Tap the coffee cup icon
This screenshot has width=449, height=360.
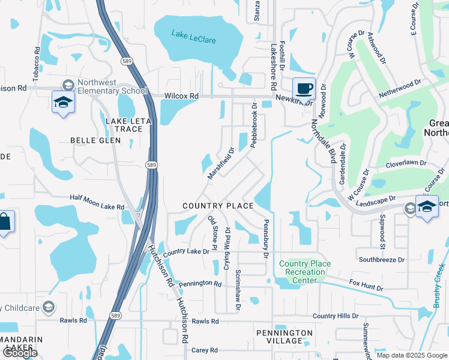pos(304,89)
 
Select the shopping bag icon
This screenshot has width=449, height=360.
pos(5,222)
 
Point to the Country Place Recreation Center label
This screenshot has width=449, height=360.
pos(305,268)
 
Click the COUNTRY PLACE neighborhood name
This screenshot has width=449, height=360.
pos(218,206)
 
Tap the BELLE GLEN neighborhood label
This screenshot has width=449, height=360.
pos(95,140)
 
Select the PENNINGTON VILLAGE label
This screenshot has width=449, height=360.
pos(285,337)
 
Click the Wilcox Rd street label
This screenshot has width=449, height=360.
pos(182,96)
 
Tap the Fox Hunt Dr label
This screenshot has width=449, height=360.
pos(366,284)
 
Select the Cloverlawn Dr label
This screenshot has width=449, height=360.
pos(406,163)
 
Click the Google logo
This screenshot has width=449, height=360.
pos(20,353)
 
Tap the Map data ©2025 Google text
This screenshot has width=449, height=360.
pos(412,355)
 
